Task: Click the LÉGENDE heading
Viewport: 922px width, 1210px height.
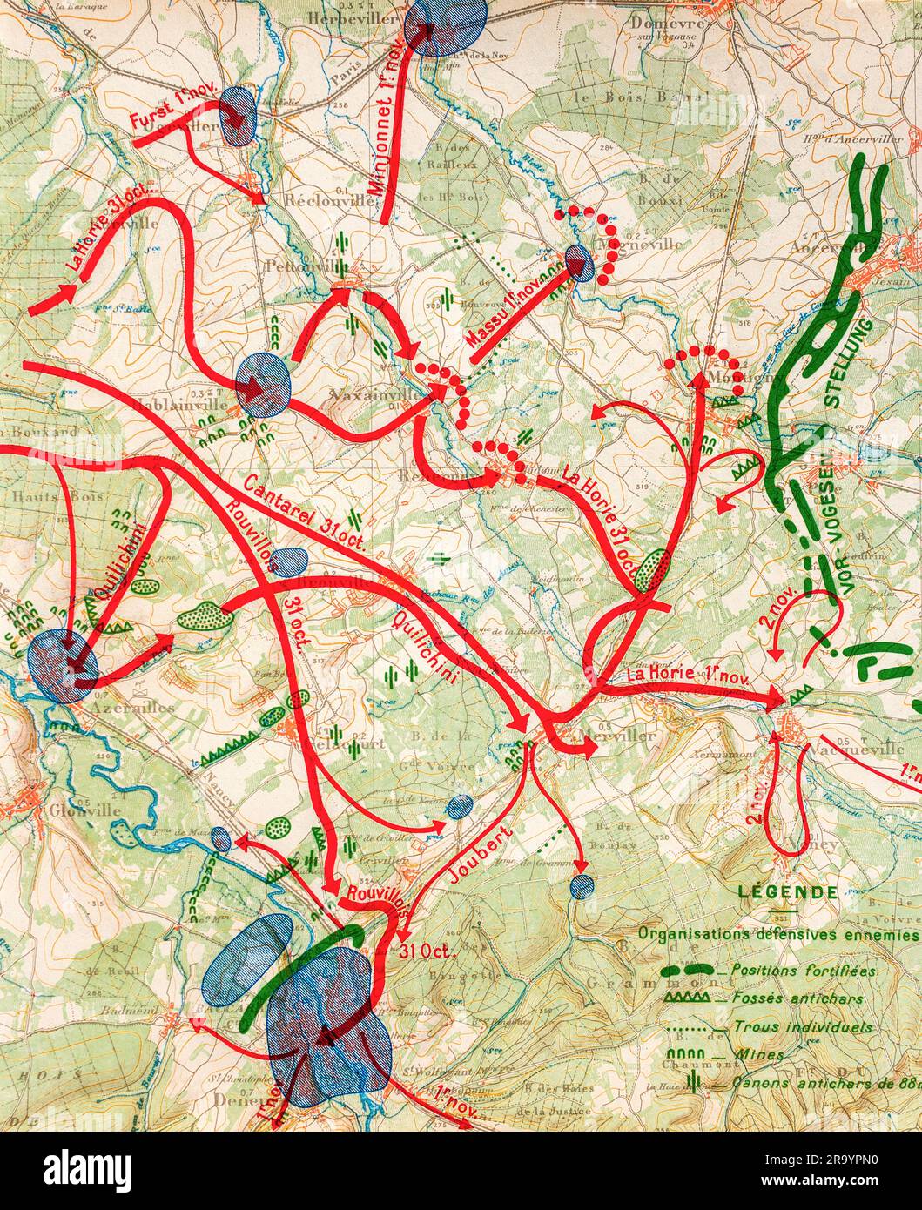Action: pyautogui.click(x=787, y=892)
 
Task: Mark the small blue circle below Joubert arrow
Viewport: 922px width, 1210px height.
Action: pyautogui.click(x=581, y=886)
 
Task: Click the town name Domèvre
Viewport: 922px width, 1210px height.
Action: pyautogui.click(x=667, y=24)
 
